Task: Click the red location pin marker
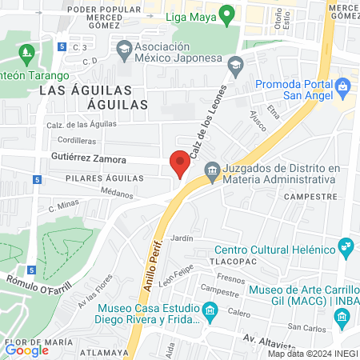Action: click(x=180, y=163)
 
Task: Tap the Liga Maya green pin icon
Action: click(x=227, y=14)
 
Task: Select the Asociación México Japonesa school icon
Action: click(x=123, y=49)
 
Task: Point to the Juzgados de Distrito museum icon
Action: click(x=212, y=169)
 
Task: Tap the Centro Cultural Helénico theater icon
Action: click(x=346, y=247)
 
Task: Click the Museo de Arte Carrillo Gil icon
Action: click(x=342, y=318)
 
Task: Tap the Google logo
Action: click(x=26, y=350)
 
